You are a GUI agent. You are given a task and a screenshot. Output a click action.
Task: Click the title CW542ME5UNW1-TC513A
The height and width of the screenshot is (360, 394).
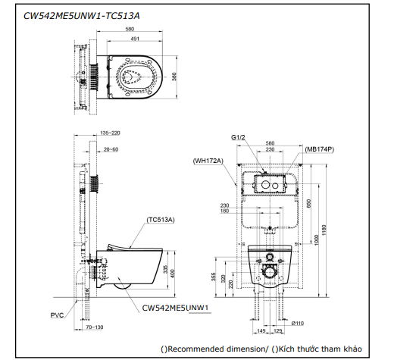tap(81, 16)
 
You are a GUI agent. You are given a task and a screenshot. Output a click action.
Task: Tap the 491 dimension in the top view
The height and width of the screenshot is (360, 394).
tap(135, 39)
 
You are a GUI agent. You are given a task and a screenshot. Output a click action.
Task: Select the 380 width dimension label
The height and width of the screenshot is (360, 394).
tap(174, 77)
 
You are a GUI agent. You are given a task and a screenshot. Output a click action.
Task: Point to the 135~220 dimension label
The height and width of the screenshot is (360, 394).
tap(110, 133)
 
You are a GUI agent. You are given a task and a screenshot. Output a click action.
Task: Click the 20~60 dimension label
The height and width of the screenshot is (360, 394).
tap(111, 149)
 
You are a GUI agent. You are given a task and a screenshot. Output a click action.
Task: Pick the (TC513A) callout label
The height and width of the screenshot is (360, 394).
tap(161, 220)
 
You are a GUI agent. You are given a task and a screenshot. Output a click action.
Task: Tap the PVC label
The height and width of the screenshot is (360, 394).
tap(57, 315)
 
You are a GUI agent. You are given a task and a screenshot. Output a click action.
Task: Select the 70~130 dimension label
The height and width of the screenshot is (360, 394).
tap(95, 327)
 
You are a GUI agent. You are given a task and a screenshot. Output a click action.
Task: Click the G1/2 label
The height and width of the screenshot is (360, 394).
tap(238, 137)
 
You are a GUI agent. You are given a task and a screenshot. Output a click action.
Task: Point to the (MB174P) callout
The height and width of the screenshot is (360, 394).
tap(320, 149)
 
